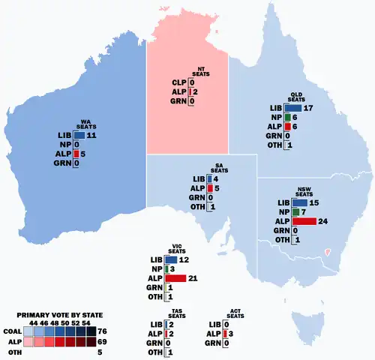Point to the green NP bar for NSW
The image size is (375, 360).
(296, 212)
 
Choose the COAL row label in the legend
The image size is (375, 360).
(13, 331)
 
